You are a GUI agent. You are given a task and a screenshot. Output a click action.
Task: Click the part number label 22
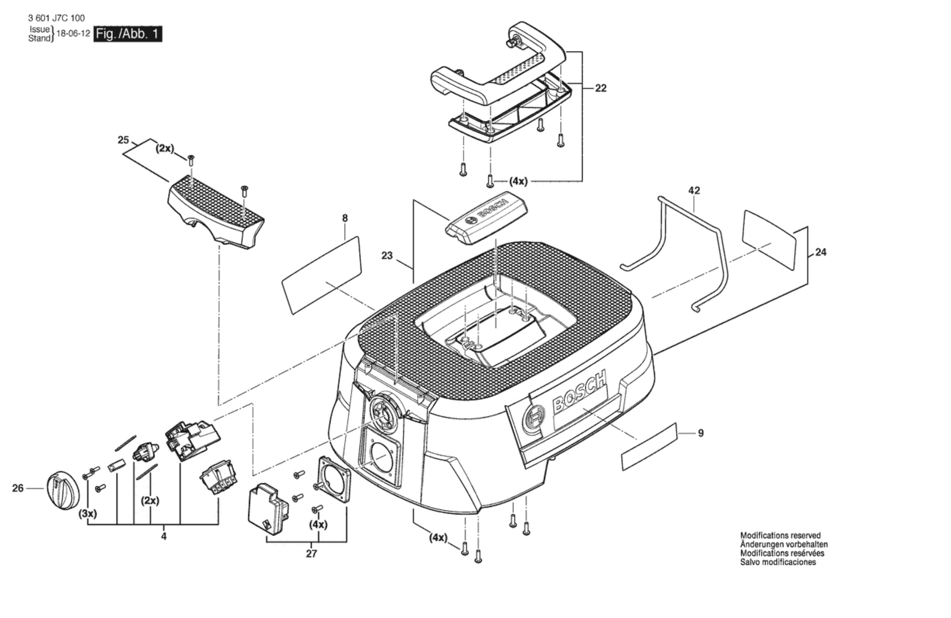(x=600, y=88)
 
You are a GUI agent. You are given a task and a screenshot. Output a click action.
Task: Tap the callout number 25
(x=123, y=140)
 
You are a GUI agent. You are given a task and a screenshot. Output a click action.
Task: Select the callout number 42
(x=694, y=190)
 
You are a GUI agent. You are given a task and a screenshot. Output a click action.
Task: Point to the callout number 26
(x=18, y=488)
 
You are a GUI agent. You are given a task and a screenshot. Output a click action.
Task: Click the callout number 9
(x=701, y=433)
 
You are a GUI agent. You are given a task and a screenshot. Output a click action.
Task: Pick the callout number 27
(x=311, y=554)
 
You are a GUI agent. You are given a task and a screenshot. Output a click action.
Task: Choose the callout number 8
(x=345, y=218)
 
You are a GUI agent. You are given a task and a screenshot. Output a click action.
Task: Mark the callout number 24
(x=821, y=252)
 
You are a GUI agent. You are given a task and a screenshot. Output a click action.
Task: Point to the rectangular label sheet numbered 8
(x=322, y=275)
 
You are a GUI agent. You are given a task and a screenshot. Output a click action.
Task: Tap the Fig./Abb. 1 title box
(x=128, y=34)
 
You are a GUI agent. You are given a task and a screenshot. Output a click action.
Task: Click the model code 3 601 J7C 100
(x=56, y=18)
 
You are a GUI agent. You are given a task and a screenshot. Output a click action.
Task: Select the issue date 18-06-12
(x=73, y=34)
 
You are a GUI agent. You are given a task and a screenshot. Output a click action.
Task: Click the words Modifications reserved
(x=780, y=535)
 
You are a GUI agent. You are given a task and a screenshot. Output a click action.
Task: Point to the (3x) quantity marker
(x=88, y=514)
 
